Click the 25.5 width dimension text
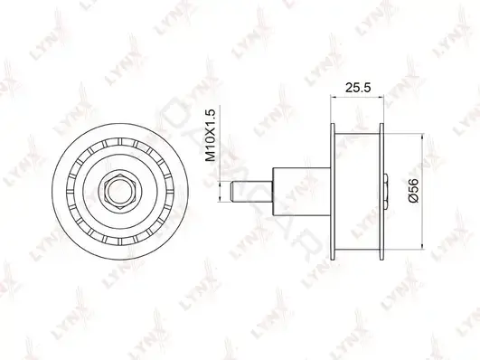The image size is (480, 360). pos(358,88)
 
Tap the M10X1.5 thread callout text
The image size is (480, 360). pos(211,135)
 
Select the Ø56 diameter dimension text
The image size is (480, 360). pos(413,191)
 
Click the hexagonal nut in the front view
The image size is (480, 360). pos(120,192)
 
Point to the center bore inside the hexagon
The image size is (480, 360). pos(120,192)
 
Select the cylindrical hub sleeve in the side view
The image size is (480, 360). pos(302,192)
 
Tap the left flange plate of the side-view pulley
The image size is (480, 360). pos(333,192)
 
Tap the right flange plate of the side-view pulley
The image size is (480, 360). pos(381,192)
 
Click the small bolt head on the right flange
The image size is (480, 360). pos(386,192)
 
